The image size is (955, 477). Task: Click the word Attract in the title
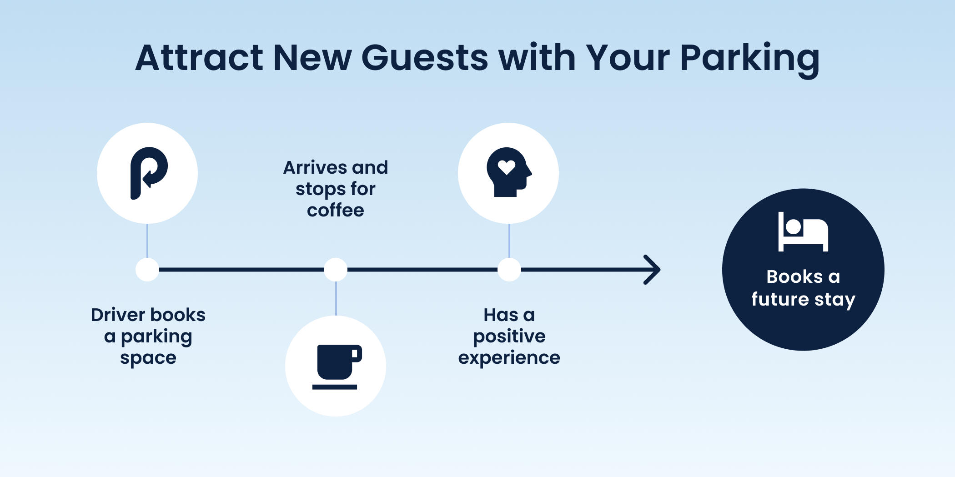pos(199,58)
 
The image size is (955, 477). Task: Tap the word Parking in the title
pos(750,60)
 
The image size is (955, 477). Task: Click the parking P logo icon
pos(149,173)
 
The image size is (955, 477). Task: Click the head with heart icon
pos(509,172)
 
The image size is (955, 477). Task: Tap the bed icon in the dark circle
pos(803,231)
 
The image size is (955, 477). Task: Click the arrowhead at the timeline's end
pos(653,270)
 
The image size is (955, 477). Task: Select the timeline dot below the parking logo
pos(147,270)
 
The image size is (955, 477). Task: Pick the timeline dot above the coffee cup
pos(336,270)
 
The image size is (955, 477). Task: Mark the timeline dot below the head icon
pos(509,270)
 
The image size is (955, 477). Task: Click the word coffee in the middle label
pos(336,211)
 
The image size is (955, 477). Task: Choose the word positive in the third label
pos(509,337)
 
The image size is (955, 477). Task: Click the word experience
pos(509,358)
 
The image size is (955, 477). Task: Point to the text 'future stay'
pos(803,300)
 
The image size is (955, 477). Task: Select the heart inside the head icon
pos(506,167)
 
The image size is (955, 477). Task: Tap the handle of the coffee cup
pos(357,354)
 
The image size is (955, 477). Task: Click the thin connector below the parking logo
pos(147,241)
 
